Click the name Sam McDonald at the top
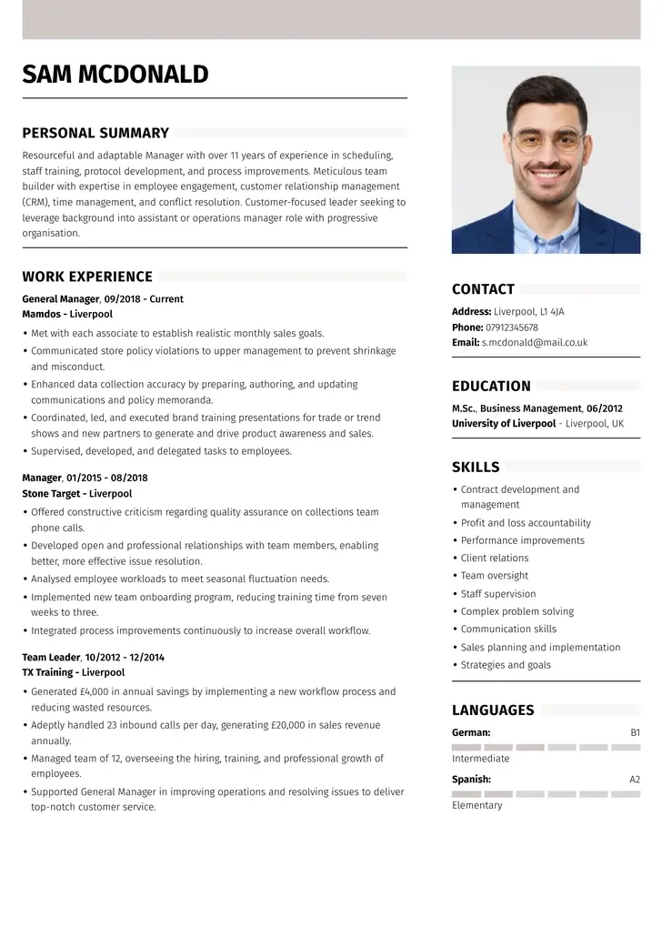115,74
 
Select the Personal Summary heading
95,133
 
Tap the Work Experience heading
87,277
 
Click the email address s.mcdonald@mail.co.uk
534,343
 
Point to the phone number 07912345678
512,327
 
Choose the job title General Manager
60,298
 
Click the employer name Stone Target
50,494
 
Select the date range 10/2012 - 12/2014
125,657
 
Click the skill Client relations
494,558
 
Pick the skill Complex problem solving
517,611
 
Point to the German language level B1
635,732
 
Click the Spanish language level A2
635,780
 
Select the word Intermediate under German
480,759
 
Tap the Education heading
491,386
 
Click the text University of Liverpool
503,424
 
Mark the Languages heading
493,710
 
